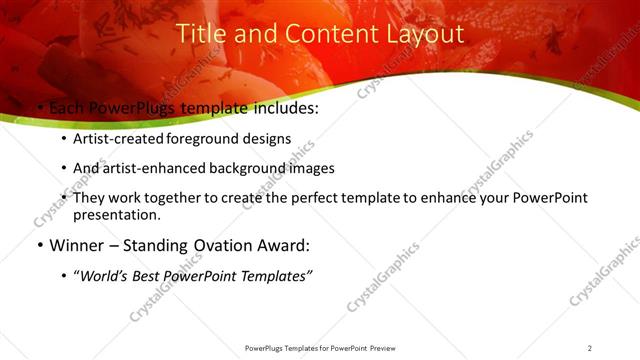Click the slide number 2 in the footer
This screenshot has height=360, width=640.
[x=589, y=348]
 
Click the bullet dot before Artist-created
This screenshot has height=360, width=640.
[x=65, y=140]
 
